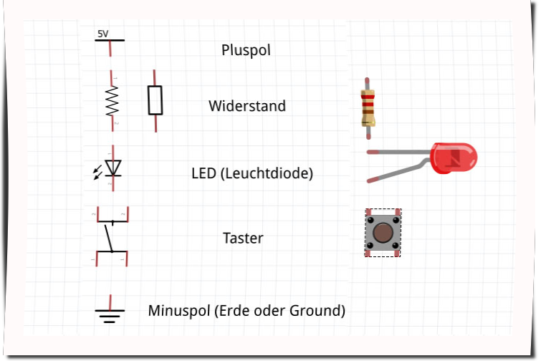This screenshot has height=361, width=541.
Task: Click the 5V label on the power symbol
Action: (x=103, y=34)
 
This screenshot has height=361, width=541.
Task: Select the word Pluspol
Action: (x=246, y=51)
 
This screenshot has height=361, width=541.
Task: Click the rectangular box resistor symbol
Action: (x=155, y=100)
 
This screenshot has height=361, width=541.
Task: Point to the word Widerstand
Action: (x=247, y=106)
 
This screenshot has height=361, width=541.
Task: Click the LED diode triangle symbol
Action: (x=113, y=168)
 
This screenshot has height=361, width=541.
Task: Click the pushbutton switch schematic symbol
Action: (x=111, y=237)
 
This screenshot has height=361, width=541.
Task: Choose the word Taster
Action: (x=243, y=238)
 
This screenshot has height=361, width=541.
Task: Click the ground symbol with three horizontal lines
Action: (x=110, y=313)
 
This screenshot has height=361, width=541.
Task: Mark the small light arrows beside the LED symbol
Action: (x=98, y=172)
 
